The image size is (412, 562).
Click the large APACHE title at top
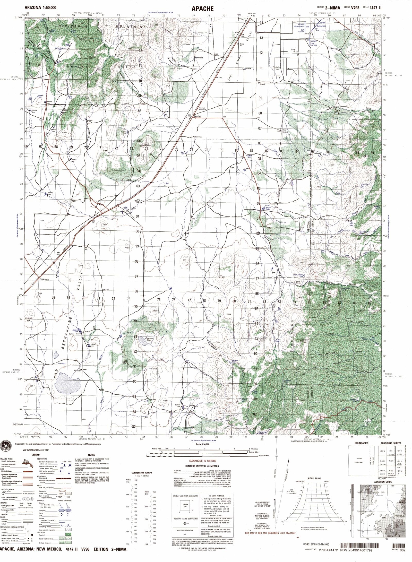(x=202, y=8)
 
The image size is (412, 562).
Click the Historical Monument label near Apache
(x=202, y=109)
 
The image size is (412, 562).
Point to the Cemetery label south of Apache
(x=199, y=137)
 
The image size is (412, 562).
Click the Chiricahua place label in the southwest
(x=44, y=279)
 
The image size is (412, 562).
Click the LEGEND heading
(x=36, y=455)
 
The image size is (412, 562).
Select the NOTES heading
(x=91, y=455)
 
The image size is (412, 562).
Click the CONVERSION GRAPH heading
(x=142, y=473)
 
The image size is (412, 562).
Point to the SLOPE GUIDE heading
(x=314, y=478)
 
